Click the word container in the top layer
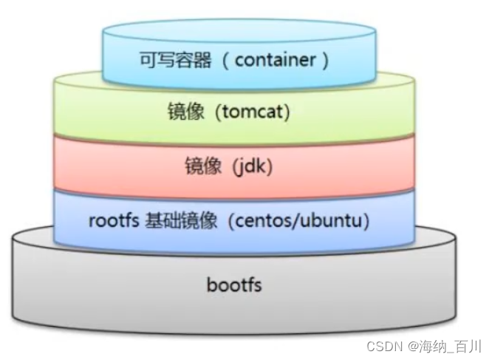[276, 60]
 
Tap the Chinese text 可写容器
[175, 60]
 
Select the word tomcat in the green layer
[252, 114]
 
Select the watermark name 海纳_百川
[451, 344]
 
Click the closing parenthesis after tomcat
[287, 114]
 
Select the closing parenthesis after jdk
[270, 167]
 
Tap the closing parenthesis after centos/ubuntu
[367, 220]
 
